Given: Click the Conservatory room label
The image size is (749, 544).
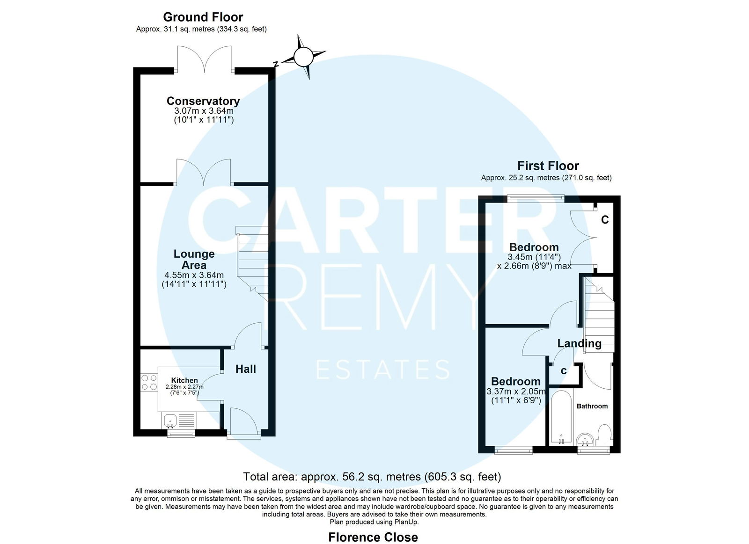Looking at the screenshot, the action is point(203,101).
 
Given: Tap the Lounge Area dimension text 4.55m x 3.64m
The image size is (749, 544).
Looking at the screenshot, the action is point(194,276).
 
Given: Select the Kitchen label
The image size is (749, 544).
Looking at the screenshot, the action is point(184,380).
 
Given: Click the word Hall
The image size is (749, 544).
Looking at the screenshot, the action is point(245,369).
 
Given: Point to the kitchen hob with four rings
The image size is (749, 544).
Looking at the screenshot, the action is point(149,382).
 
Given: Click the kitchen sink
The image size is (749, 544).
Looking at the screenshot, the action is point(170,421).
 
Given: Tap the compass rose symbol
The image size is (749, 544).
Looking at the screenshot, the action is point(303,57).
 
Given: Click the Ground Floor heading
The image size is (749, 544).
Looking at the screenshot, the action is point(203,17).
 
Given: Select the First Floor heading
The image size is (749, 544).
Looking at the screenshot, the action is point(548,166).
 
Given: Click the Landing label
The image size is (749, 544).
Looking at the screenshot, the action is point(580,343).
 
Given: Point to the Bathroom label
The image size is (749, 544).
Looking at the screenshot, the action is point(592,406).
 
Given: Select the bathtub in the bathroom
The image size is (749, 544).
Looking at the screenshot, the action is point(561,418).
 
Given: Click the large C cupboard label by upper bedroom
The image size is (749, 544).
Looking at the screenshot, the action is point(605,219).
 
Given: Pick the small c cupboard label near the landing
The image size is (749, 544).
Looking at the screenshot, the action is point(564,371).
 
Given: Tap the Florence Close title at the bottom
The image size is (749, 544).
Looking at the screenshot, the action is point(373,537).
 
